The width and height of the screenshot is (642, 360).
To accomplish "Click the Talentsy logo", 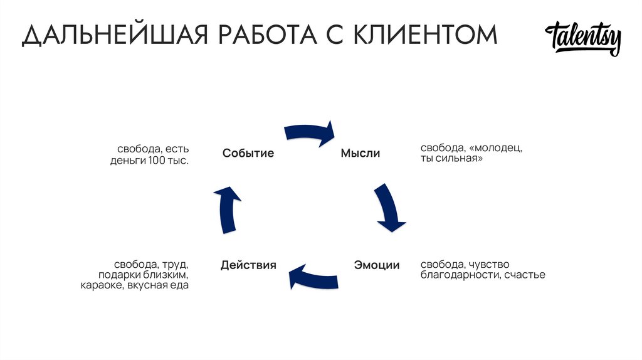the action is [583, 38].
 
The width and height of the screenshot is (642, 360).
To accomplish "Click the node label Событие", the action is [248, 153].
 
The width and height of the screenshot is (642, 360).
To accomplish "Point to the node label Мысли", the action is [360, 153].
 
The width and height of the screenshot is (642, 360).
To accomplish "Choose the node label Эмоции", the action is [377, 265].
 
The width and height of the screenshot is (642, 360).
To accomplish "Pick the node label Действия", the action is [248, 265].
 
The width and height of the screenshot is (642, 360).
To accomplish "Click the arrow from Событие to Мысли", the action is [310, 133].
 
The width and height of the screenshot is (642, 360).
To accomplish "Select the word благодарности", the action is [460, 275].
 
